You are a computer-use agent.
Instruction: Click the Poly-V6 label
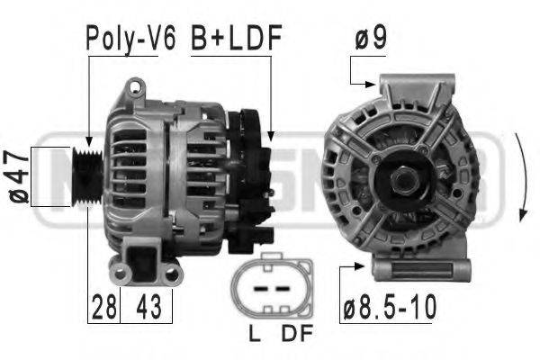[x=130, y=38]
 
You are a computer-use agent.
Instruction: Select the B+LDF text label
[x=236, y=37]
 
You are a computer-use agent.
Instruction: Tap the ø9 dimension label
[x=371, y=38]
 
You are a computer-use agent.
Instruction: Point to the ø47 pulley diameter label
[x=18, y=176]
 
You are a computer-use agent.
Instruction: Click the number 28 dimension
[x=104, y=307]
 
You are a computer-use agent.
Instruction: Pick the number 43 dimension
[x=148, y=307]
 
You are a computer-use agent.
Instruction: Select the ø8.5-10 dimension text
[x=390, y=307]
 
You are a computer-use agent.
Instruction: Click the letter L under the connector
[x=255, y=333]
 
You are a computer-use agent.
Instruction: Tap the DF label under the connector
[x=297, y=333]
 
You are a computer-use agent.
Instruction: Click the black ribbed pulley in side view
[x=87, y=177]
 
